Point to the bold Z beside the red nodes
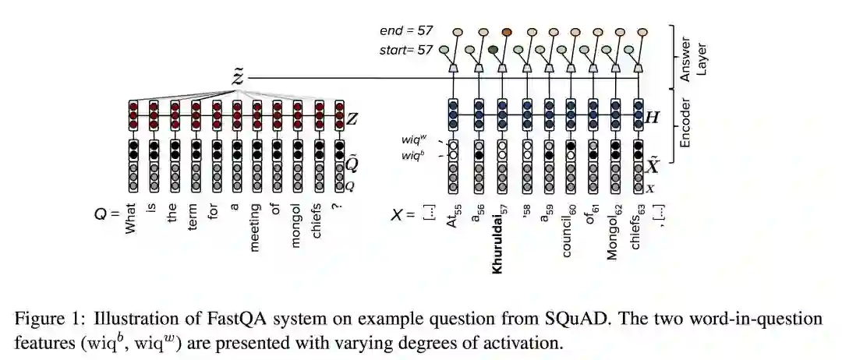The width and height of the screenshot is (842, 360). (352, 118)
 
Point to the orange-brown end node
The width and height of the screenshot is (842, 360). (507, 32)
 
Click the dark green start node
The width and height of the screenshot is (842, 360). (493, 50)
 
